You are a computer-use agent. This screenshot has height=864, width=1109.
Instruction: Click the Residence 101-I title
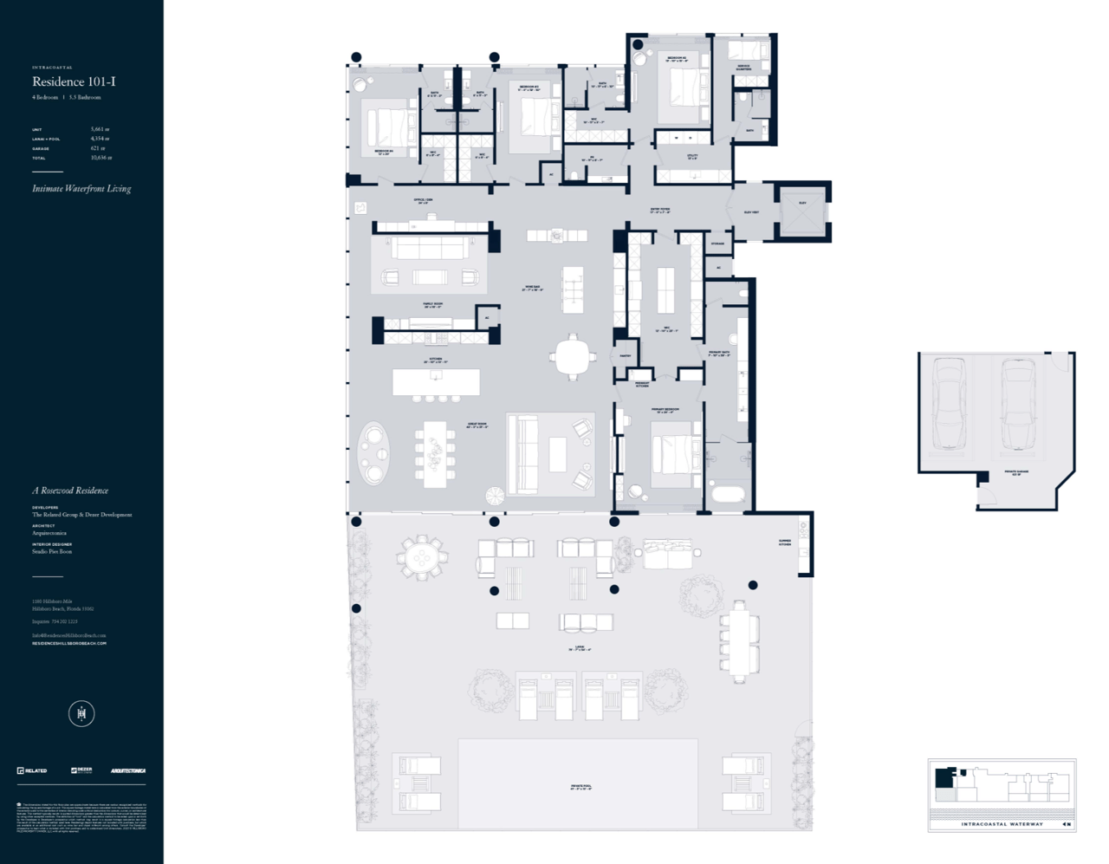pos(74,81)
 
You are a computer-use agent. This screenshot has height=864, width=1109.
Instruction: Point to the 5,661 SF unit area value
pos(100,129)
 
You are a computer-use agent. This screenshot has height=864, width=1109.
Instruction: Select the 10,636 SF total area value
pos(101,158)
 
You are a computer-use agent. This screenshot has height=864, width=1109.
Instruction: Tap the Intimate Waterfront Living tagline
pos(81,188)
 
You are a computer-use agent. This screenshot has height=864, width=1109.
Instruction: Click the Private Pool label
pos(581,788)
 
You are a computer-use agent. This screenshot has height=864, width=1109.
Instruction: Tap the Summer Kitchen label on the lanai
pos(784,542)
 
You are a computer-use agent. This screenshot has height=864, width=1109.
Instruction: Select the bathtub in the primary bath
pos(728,496)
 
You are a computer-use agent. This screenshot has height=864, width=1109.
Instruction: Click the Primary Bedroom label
pos(665,409)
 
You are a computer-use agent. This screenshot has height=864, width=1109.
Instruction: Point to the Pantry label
pos(625,355)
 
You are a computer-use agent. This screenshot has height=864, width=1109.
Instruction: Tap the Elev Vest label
pos(751,211)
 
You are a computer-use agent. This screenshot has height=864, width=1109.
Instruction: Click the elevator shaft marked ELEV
pos(802,211)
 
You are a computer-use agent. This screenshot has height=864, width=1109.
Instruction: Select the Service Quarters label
pos(744,67)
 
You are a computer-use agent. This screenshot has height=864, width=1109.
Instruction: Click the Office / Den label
pos(424,201)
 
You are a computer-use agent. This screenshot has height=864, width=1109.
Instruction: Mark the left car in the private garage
pos(948,404)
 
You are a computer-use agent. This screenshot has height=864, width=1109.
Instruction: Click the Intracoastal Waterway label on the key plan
pos(1002,824)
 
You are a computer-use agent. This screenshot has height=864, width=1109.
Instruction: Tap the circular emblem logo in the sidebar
pos(81,714)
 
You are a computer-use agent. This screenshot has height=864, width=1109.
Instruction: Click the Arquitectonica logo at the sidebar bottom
pos(127,770)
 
